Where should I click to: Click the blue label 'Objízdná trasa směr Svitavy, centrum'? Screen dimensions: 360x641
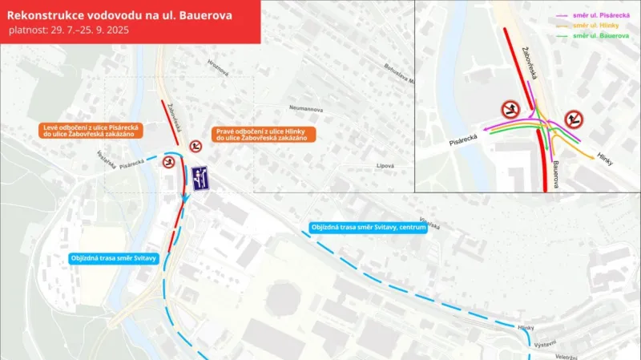click(367, 227)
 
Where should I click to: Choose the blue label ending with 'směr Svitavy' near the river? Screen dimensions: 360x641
click(113, 258)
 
